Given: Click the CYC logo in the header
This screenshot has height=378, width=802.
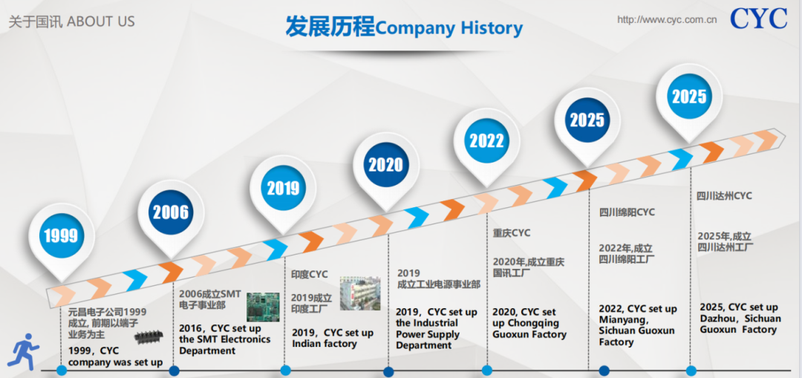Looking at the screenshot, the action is tap(758, 19).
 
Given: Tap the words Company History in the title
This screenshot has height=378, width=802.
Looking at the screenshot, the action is tap(449, 27).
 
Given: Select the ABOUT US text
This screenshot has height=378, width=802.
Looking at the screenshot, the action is tap(101, 22).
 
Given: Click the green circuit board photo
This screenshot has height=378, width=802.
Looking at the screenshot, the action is tap(263, 307).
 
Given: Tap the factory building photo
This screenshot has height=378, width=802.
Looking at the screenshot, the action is tap(360, 293).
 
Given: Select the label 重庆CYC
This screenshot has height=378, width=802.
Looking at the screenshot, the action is tap(512, 233).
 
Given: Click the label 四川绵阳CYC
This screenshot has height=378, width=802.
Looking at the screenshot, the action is tap(627, 212).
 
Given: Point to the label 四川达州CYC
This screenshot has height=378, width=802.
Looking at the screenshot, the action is tap(724, 196).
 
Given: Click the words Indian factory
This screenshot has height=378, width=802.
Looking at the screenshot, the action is tap(325, 344).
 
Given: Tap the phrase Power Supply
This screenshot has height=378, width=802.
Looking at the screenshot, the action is tap(428, 334).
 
